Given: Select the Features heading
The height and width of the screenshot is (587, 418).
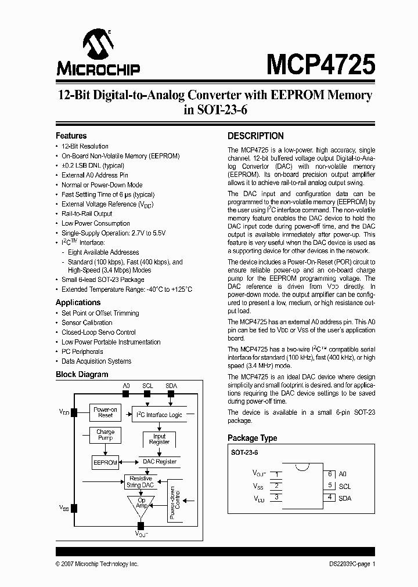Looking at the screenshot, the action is click(x=71, y=136).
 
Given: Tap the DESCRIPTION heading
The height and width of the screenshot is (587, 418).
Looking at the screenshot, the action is click(x=255, y=136).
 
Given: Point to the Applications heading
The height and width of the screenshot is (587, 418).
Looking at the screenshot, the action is click(x=78, y=302).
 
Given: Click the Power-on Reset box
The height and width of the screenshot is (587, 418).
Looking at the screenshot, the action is click(x=105, y=412).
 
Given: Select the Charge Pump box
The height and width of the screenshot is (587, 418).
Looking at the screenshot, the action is click(x=105, y=435).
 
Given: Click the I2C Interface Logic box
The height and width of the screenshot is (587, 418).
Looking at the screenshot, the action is click(x=158, y=415).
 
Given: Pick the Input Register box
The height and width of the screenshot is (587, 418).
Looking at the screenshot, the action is click(x=159, y=439).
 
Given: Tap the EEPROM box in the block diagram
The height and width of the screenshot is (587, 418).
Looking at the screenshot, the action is click(x=105, y=462).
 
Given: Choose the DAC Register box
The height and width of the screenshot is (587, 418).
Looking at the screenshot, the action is click(x=159, y=462).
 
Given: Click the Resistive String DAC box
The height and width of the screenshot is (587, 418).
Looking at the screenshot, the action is click(x=140, y=481).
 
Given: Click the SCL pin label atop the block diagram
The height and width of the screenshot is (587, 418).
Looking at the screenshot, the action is click(x=147, y=385).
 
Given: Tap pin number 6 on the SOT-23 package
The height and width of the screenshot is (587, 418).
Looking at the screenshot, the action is click(x=329, y=474).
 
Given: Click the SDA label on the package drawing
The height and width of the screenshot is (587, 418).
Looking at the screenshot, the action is click(x=345, y=498).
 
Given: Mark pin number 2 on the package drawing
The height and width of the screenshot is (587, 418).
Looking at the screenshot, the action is click(x=277, y=486).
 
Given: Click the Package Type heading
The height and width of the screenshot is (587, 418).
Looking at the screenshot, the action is click(x=252, y=438).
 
